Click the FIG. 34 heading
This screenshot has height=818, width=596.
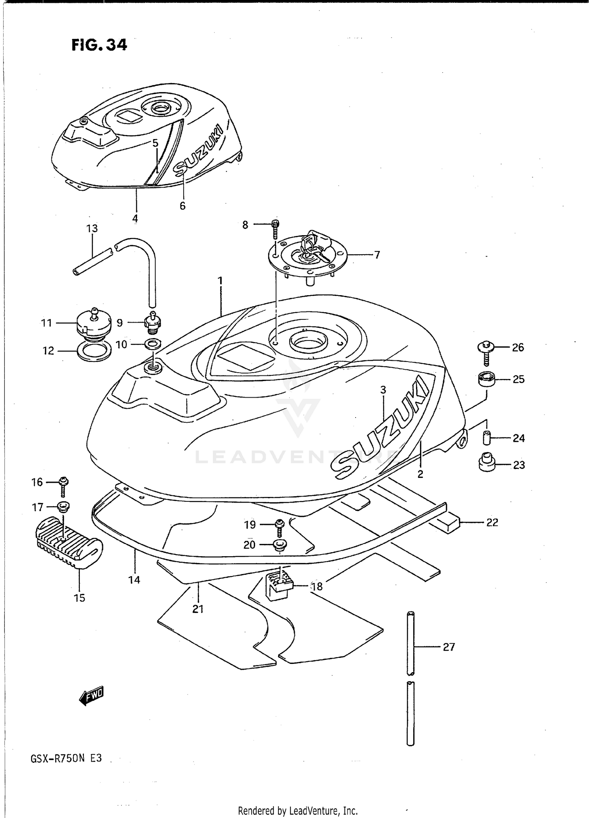[99, 45]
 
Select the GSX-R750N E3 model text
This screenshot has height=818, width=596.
[66, 758]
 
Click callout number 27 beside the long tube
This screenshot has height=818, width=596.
[449, 647]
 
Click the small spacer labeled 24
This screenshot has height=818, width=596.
[487, 438]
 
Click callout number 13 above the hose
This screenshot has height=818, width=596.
[92, 228]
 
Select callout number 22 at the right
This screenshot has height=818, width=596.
[492, 522]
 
